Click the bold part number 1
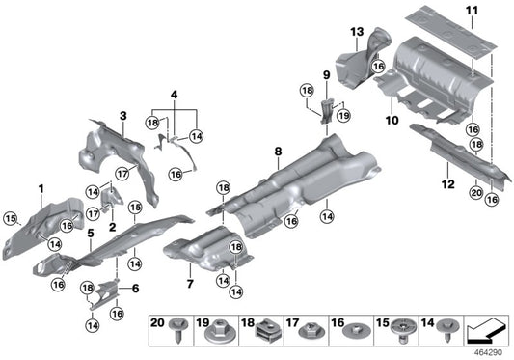(41, 186)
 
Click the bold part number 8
(278, 151)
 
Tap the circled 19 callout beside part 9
(344, 114)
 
